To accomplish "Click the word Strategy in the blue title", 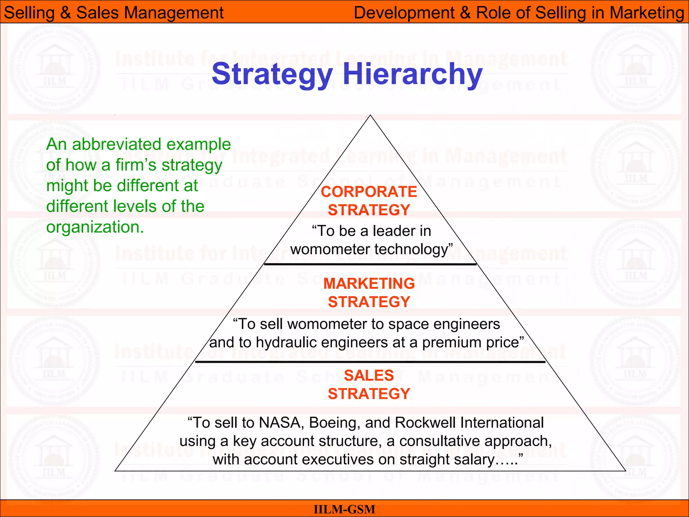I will click(x=272, y=75).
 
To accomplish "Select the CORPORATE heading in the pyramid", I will click(x=369, y=192).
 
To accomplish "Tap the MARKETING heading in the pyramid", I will click(x=369, y=284).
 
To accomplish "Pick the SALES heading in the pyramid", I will click(x=369, y=376).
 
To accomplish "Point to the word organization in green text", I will click(x=95, y=227).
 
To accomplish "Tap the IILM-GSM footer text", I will click(x=344, y=509).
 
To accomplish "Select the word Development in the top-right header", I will click(x=404, y=13).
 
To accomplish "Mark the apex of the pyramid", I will click(x=370, y=115).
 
